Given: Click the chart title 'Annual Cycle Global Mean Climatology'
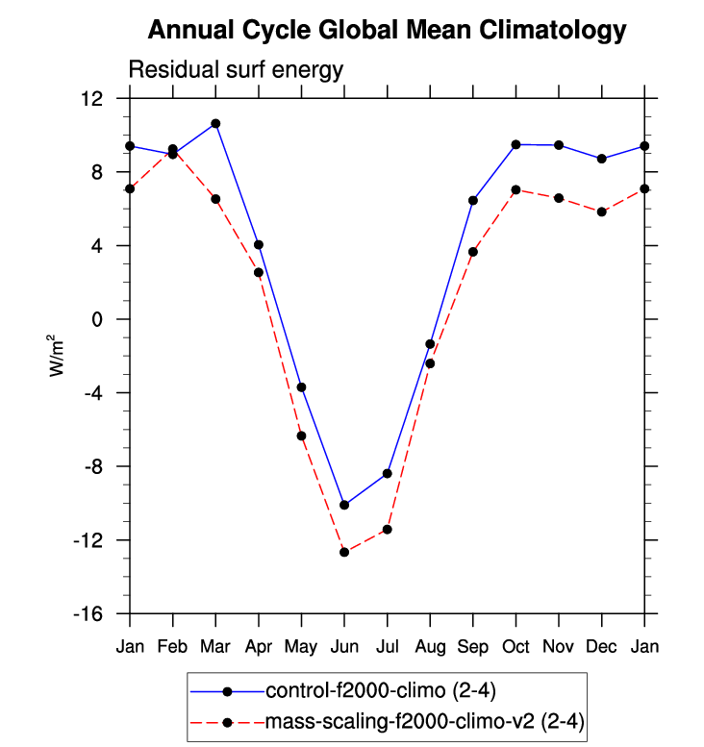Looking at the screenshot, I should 387,31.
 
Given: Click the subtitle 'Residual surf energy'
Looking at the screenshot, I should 236,69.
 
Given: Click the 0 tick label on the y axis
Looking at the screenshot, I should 97,319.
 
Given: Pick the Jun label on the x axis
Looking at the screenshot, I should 343,646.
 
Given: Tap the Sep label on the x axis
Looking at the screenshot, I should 473,646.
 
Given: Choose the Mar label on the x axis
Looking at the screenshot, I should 215,646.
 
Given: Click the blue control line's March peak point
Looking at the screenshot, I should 215,123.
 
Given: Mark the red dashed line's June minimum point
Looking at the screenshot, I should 344,552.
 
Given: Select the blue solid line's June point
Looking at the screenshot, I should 344,505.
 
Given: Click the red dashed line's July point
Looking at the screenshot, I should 387,530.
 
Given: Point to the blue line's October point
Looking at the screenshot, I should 515,144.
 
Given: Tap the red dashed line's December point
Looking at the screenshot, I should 601,212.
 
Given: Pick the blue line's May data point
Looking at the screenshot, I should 301,387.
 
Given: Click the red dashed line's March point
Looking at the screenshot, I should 215,199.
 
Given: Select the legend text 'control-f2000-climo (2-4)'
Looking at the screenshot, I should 381,690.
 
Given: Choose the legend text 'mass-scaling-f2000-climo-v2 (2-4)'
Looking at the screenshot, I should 424,721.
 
